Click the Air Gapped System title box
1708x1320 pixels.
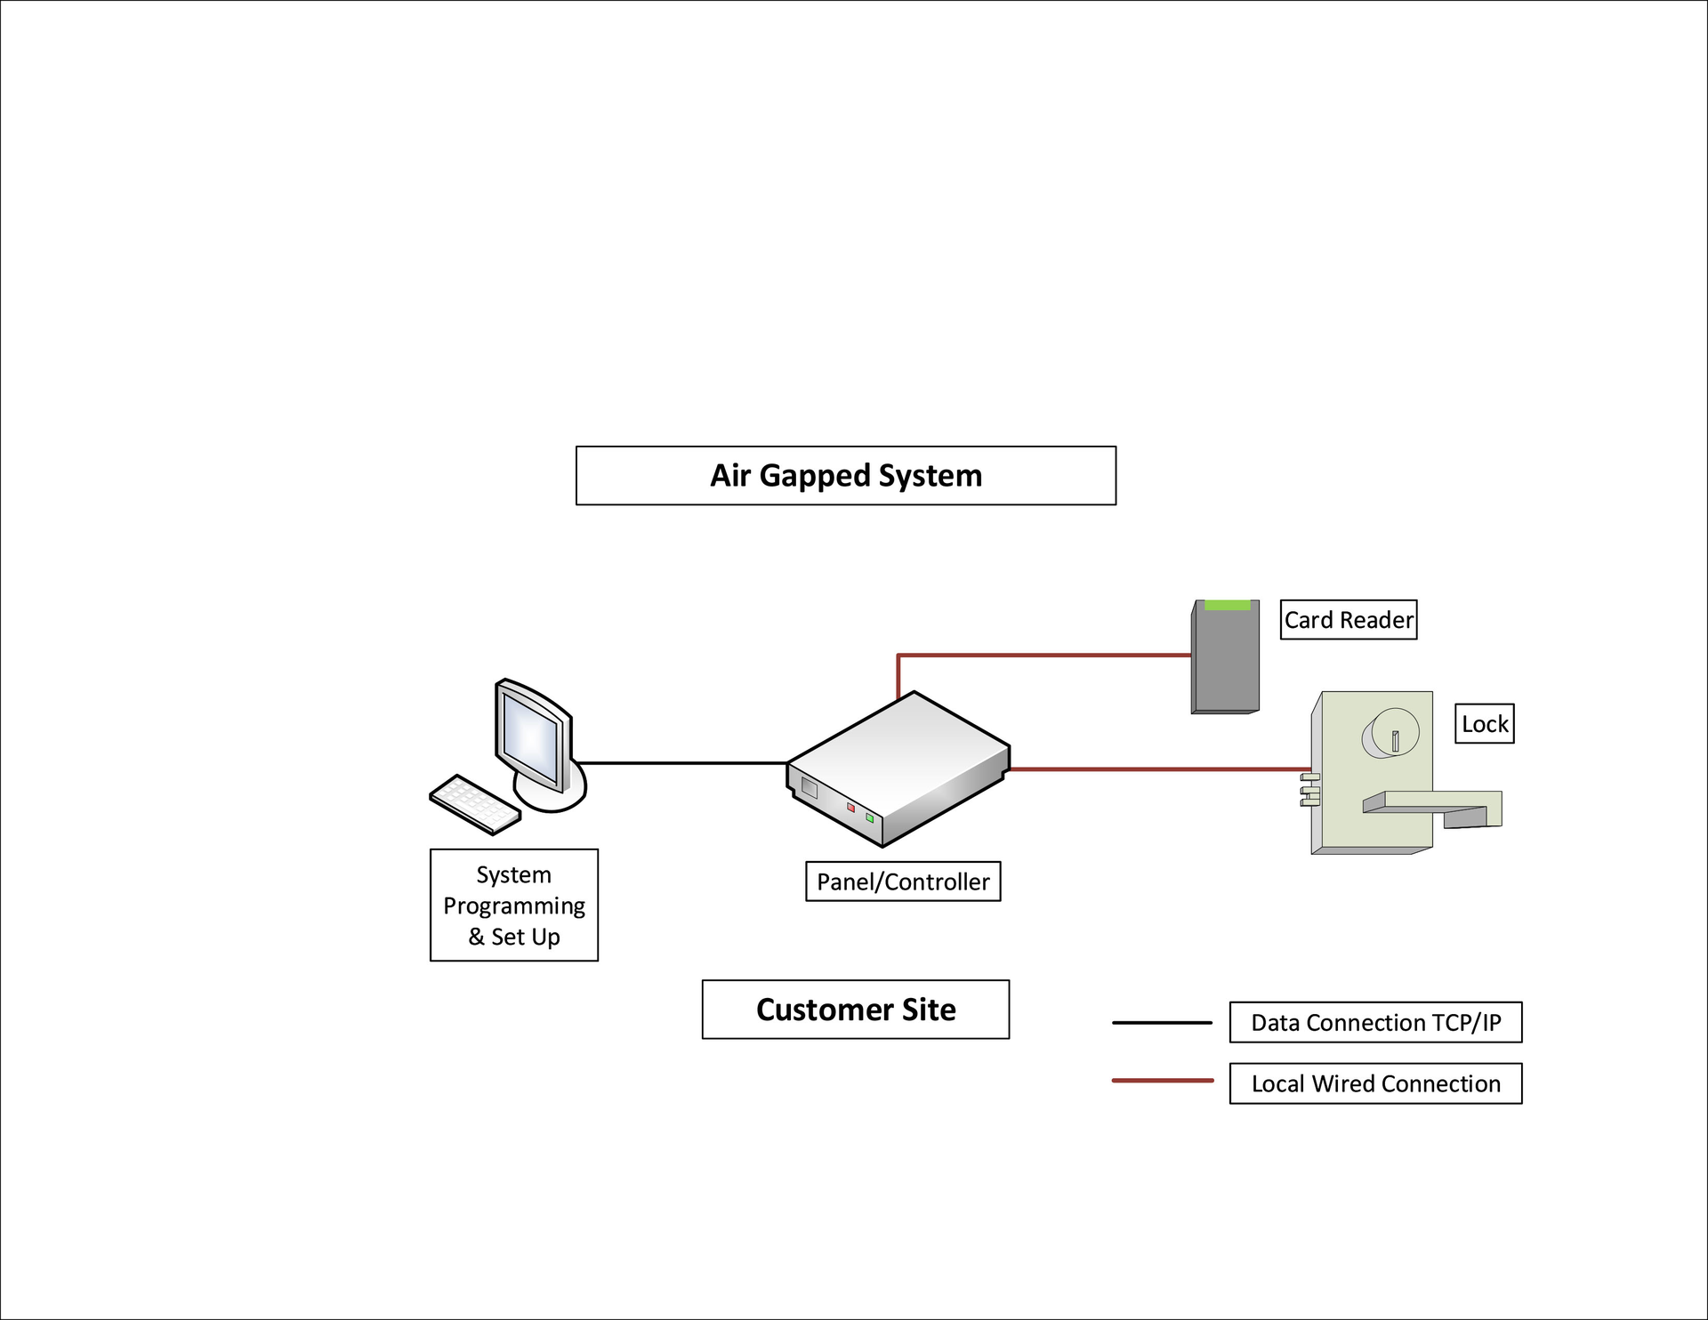click(x=845, y=476)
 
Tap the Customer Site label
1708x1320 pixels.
click(x=855, y=1010)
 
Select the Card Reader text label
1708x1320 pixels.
click(x=1348, y=620)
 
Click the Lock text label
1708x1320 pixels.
click(x=1484, y=724)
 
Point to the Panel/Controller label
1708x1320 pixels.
click(x=902, y=881)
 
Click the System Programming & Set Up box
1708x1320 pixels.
click(x=513, y=905)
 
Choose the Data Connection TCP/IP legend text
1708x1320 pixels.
click(x=1374, y=1023)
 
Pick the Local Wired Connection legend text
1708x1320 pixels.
click(x=1374, y=1083)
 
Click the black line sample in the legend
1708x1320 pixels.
click(x=1161, y=1023)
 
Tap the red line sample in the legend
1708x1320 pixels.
click(x=1161, y=1081)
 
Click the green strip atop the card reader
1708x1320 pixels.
click(x=1227, y=605)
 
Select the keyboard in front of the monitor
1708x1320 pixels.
click(x=474, y=804)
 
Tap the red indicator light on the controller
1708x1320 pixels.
click(x=850, y=808)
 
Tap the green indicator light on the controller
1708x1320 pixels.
click(x=869, y=817)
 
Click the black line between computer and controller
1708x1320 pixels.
click(x=681, y=762)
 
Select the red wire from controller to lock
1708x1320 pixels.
click(x=1156, y=769)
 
